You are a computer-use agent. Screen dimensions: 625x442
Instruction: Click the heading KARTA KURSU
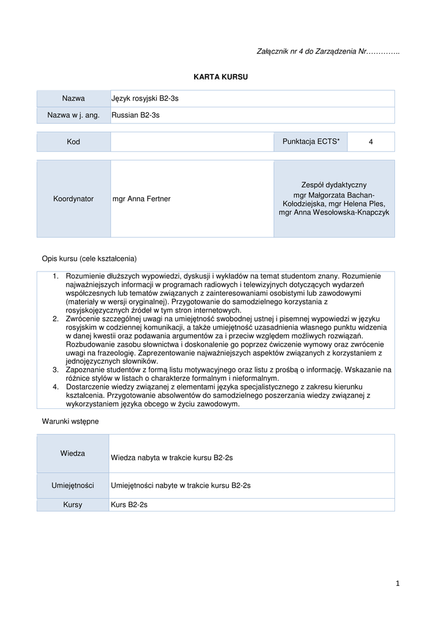point(221,77)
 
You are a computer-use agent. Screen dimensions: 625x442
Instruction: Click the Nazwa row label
point(73,98)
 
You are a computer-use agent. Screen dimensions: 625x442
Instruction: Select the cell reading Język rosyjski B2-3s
point(145,98)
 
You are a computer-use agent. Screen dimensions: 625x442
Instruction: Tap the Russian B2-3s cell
point(136,115)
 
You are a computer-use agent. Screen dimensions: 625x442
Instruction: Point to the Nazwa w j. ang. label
point(73,115)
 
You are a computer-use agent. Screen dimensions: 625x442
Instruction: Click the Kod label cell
point(73,142)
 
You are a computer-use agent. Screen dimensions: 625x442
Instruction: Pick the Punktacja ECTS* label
point(311,142)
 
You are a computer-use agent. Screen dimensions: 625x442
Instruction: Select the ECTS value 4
point(371,142)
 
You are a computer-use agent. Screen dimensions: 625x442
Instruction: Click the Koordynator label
point(73,199)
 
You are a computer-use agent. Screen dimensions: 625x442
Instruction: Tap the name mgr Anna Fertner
point(142,199)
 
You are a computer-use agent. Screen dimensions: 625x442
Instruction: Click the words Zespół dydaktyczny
point(334,185)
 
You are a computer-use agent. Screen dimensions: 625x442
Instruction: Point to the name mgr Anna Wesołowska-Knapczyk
point(334,212)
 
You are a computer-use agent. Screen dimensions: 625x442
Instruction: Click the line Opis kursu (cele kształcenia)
point(89,258)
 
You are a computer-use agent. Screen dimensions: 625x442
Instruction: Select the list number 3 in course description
point(55,370)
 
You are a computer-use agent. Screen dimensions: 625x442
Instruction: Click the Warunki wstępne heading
point(70,421)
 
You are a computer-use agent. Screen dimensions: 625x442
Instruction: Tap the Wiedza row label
point(73,453)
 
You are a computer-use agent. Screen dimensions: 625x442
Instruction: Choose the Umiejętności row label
point(73,486)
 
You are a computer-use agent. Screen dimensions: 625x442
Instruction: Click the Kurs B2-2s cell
point(129,505)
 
